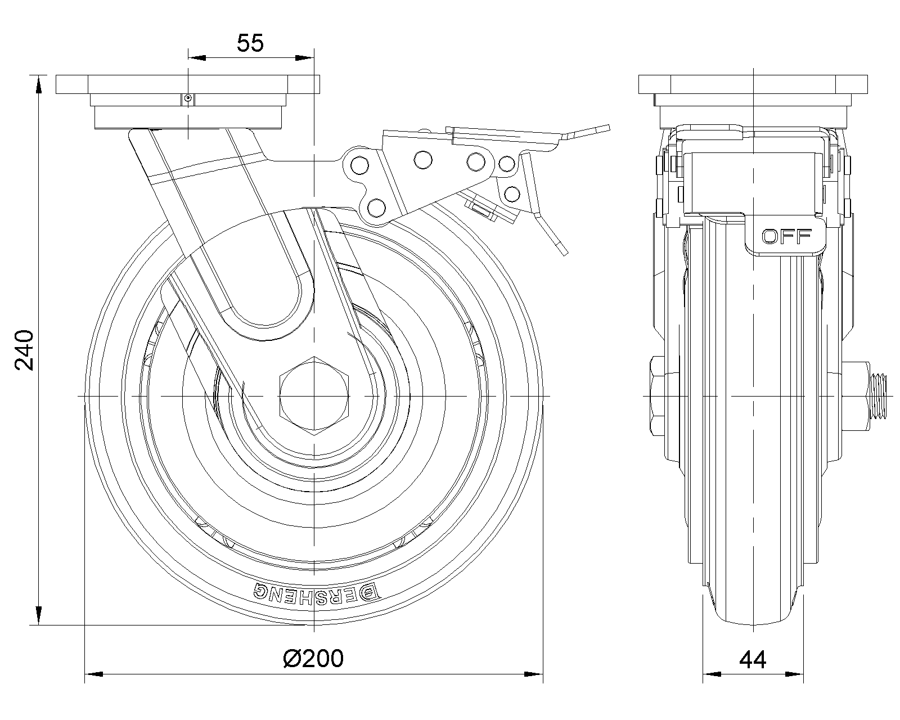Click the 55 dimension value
250,43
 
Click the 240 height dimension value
24,350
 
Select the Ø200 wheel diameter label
313,658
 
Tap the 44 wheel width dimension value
753,660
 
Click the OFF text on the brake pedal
786,237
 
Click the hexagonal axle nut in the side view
314,396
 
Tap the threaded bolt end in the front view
876,396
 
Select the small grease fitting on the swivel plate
188,98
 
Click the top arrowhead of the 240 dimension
38,85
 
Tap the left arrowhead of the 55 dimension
197,58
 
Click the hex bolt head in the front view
658,396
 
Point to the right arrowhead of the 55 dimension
304,58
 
